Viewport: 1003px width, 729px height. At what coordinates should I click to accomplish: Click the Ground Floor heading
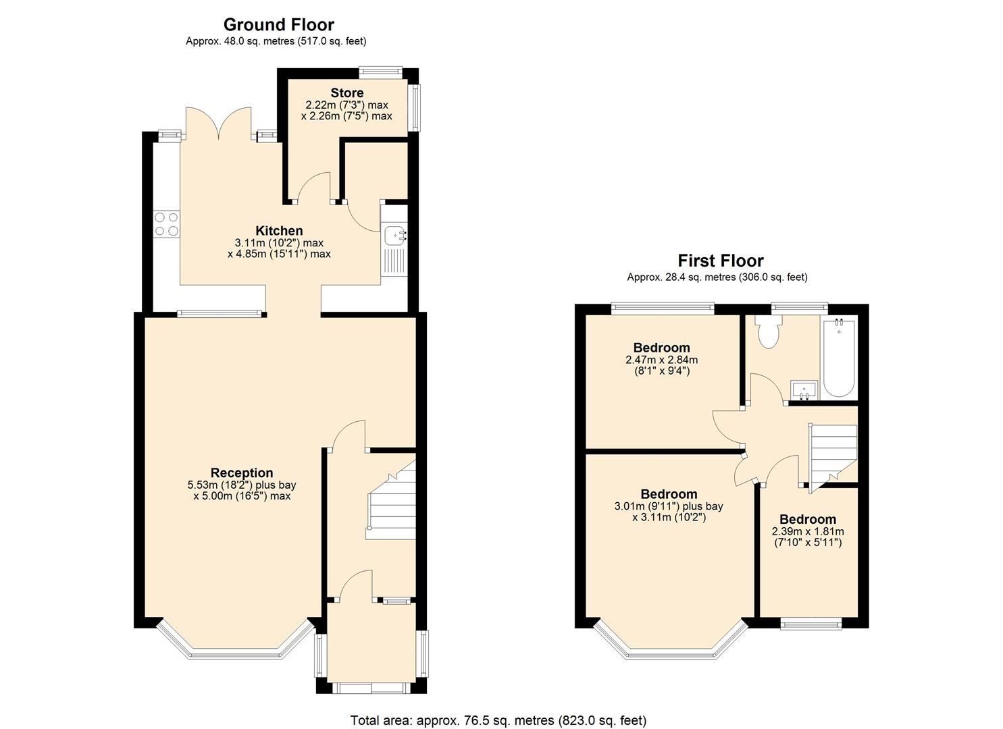tap(278, 25)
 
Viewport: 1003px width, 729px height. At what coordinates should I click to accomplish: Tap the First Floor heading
tap(720, 261)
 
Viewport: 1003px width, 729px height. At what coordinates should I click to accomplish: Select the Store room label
tap(346, 93)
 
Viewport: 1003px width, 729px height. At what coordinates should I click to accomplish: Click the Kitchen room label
tap(279, 231)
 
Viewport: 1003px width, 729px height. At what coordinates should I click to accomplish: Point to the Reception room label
tap(242, 473)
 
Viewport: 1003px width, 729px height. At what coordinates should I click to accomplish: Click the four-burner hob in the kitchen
tap(166, 224)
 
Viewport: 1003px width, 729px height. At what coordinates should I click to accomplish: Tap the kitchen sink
tap(394, 236)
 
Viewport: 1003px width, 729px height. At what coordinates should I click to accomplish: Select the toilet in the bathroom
tap(768, 332)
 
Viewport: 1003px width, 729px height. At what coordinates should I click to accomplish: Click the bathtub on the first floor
tap(839, 358)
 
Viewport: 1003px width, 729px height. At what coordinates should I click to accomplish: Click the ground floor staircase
tap(391, 503)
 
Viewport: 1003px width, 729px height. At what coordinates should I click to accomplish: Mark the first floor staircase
tap(833, 452)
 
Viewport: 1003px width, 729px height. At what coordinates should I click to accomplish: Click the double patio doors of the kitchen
tap(219, 124)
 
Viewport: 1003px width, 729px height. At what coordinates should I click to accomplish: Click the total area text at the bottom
tap(498, 720)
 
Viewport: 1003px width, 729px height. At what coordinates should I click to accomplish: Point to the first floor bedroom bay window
tap(669, 644)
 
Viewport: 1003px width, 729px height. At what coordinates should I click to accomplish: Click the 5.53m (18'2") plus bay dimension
tap(242, 485)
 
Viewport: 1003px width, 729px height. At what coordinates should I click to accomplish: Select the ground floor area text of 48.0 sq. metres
tap(276, 41)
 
